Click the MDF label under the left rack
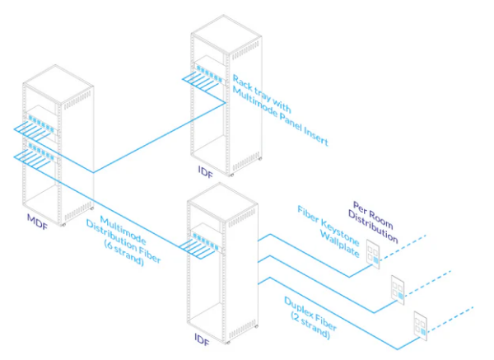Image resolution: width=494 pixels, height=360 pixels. point(36,220)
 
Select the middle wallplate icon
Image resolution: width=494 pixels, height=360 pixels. point(398,288)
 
